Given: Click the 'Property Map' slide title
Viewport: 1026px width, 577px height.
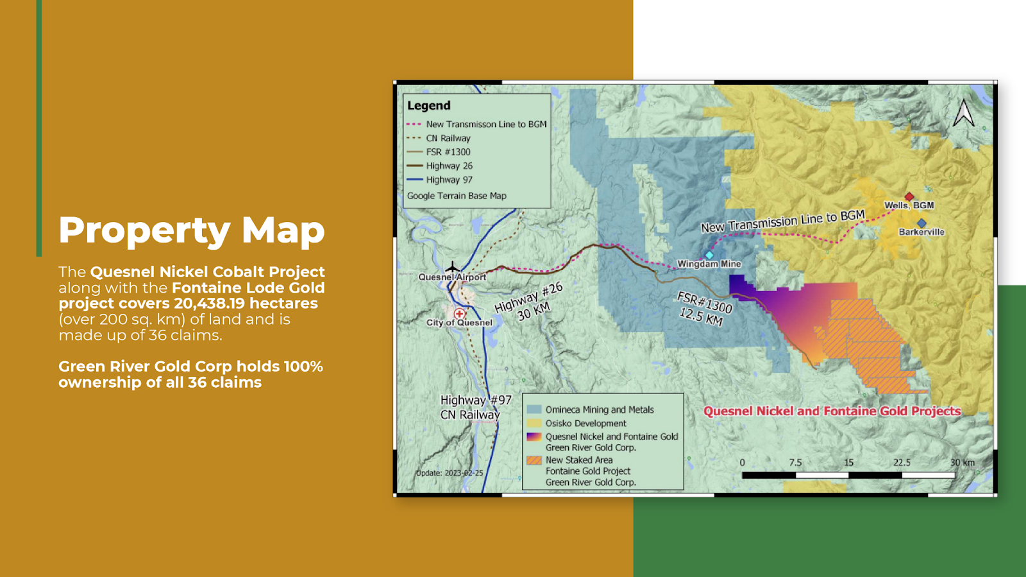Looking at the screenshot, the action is pos(192,230).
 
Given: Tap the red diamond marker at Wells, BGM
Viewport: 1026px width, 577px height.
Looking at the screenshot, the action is pos(909,196).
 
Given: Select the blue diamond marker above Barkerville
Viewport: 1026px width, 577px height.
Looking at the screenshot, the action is pos(921,223).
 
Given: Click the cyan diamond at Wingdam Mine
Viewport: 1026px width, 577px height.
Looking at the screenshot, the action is pos(709,255).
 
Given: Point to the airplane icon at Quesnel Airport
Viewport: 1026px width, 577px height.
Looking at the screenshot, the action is pos(453,267).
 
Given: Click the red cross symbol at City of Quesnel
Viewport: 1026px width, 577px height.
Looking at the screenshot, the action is pos(459,313).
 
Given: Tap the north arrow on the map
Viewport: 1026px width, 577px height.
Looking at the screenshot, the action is pos(964,113).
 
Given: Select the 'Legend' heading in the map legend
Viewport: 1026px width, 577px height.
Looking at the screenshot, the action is pos(429,105).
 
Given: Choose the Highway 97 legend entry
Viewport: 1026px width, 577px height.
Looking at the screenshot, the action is pos(439,180).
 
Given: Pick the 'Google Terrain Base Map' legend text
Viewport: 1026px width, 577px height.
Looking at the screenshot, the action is pos(457,196).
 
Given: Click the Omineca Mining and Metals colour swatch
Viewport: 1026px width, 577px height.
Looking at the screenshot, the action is pos(534,409).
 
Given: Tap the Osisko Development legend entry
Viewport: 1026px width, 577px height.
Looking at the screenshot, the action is pos(576,423).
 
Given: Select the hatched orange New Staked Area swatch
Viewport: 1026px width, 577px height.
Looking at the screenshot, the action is pos(534,460).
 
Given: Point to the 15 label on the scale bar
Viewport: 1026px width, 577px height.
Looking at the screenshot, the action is pos(848,462).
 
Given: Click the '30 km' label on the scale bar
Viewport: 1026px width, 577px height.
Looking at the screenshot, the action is pos(963,462).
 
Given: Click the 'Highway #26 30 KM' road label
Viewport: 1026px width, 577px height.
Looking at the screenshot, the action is pos(530,303).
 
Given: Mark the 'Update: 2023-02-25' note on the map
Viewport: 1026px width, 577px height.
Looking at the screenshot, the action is pos(450,473).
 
